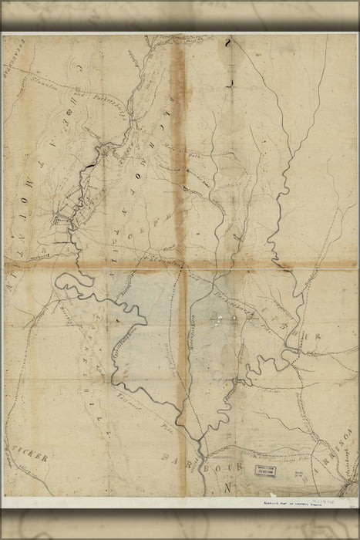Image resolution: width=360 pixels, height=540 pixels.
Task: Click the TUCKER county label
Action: click(31, 457)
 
